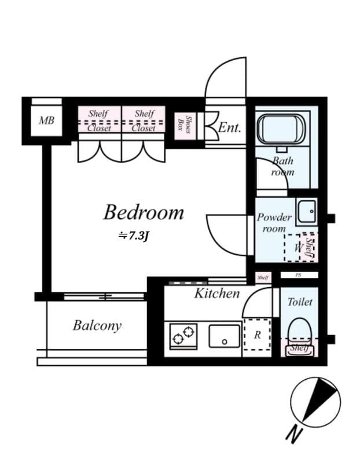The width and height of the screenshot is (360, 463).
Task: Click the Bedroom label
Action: pyautogui.click(x=144, y=212)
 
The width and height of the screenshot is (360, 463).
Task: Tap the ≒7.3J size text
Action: pyautogui.click(x=134, y=236)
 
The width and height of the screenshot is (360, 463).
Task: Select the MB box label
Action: pyautogui.click(x=46, y=121)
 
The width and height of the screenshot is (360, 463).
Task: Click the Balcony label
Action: pyautogui.click(x=97, y=325)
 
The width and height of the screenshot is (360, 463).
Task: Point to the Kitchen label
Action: pyautogui.click(x=216, y=293)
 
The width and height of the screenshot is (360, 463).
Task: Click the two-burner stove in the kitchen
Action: pyautogui.click(x=183, y=335)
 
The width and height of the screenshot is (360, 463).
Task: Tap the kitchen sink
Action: pyautogui.click(x=225, y=336)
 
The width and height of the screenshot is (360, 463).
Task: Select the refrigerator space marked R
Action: pyautogui.click(x=257, y=335)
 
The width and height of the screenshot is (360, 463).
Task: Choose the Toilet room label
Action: pyautogui.click(x=300, y=302)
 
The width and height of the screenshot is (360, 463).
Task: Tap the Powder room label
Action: pyautogui.click(x=274, y=223)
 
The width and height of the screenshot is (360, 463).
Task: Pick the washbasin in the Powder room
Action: pyautogui.click(x=306, y=212)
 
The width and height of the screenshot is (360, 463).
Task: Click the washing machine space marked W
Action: pyautogui.click(x=298, y=248)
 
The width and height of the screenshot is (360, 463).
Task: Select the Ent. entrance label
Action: pyautogui.click(x=229, y=127)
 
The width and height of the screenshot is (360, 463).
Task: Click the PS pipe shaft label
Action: pyautogui.click(x=299, y=275)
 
